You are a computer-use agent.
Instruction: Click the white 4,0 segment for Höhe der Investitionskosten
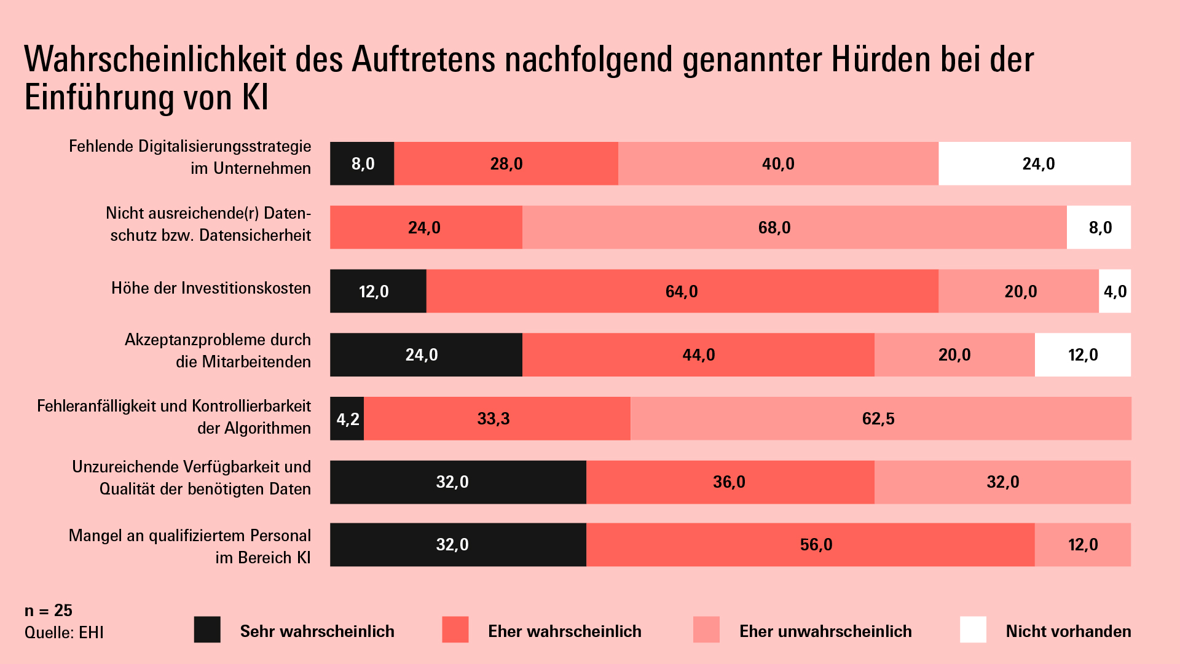click(1115, 291)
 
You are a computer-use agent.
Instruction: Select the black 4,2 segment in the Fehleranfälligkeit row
click(347, 419)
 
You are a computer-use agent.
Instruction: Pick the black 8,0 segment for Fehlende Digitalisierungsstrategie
click(362, 163)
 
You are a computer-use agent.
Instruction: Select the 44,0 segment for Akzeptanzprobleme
click(698, 355)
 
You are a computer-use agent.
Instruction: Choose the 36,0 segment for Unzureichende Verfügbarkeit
click(730, 482)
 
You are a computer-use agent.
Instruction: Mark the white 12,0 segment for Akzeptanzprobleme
click(1082, 355)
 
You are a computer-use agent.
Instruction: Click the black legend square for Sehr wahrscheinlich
click(207, 630)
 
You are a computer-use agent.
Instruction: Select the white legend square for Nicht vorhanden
click(973, 630)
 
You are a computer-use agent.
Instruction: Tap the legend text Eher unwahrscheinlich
click(825, 631)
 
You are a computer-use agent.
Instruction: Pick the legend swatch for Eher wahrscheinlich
click(455, 630)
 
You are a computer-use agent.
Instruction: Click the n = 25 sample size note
click(49, 611)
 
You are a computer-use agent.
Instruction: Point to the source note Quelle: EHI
click(64, 633)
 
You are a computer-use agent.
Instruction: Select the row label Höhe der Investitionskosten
click(211, 288)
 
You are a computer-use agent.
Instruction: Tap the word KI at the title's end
click(255, 98)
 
